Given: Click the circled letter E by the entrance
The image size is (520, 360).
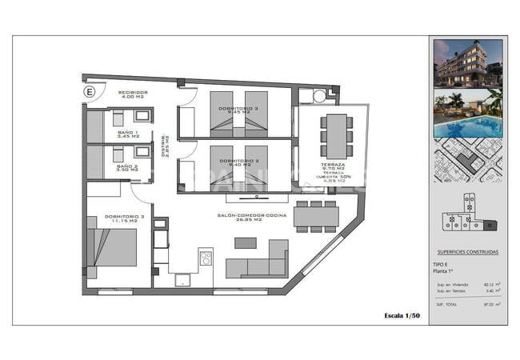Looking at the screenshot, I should pos(89,92).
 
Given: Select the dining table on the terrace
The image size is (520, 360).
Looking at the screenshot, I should pos(337,135).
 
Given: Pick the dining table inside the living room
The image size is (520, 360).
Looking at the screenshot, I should pos(315,216).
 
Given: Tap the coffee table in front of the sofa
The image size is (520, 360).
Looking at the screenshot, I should pos(245,242).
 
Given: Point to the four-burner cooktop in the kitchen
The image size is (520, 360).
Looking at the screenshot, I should pos(206,258).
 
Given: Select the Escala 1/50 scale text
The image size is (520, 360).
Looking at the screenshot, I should pos(402,317).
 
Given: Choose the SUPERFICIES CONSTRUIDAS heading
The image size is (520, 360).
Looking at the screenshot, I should pos(467,252).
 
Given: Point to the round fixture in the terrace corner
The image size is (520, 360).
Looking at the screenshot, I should pos(320,96).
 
